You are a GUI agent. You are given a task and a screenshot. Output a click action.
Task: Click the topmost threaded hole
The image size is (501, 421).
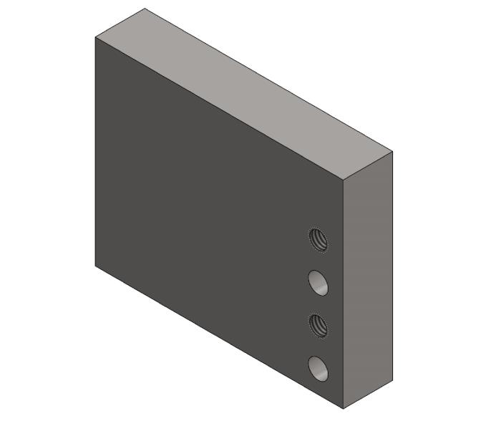tap(318, 239)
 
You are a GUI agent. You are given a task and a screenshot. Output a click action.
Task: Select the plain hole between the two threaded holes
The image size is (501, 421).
tap(318, 282)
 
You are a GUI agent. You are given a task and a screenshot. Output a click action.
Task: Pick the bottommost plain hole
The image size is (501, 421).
tap(318, 368)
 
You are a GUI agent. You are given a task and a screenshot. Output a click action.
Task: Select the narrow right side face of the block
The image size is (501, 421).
tap(368, 279)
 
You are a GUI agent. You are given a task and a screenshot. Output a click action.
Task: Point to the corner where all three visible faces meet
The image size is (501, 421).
tap(344, 180)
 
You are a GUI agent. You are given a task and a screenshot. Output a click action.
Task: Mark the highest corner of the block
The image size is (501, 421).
tap(145, 9)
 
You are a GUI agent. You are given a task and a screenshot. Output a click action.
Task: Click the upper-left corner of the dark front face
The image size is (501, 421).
tap(95, 37)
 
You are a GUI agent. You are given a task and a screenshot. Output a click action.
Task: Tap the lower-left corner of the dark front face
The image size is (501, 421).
tap(95, 265)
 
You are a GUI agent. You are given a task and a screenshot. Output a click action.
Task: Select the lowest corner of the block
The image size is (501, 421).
tap(344, 409)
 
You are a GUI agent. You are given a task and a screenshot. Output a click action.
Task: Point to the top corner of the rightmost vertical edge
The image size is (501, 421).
tap(393, 152)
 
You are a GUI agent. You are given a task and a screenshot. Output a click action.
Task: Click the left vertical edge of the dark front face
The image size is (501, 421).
tap(95, 150)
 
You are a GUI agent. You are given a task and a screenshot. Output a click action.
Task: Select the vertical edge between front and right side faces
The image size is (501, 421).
tap(344, 294)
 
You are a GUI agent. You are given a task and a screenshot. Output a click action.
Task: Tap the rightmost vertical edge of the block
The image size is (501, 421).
tap(393, 265)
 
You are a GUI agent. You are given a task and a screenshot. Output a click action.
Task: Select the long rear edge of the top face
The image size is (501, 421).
tap(269, 80)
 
